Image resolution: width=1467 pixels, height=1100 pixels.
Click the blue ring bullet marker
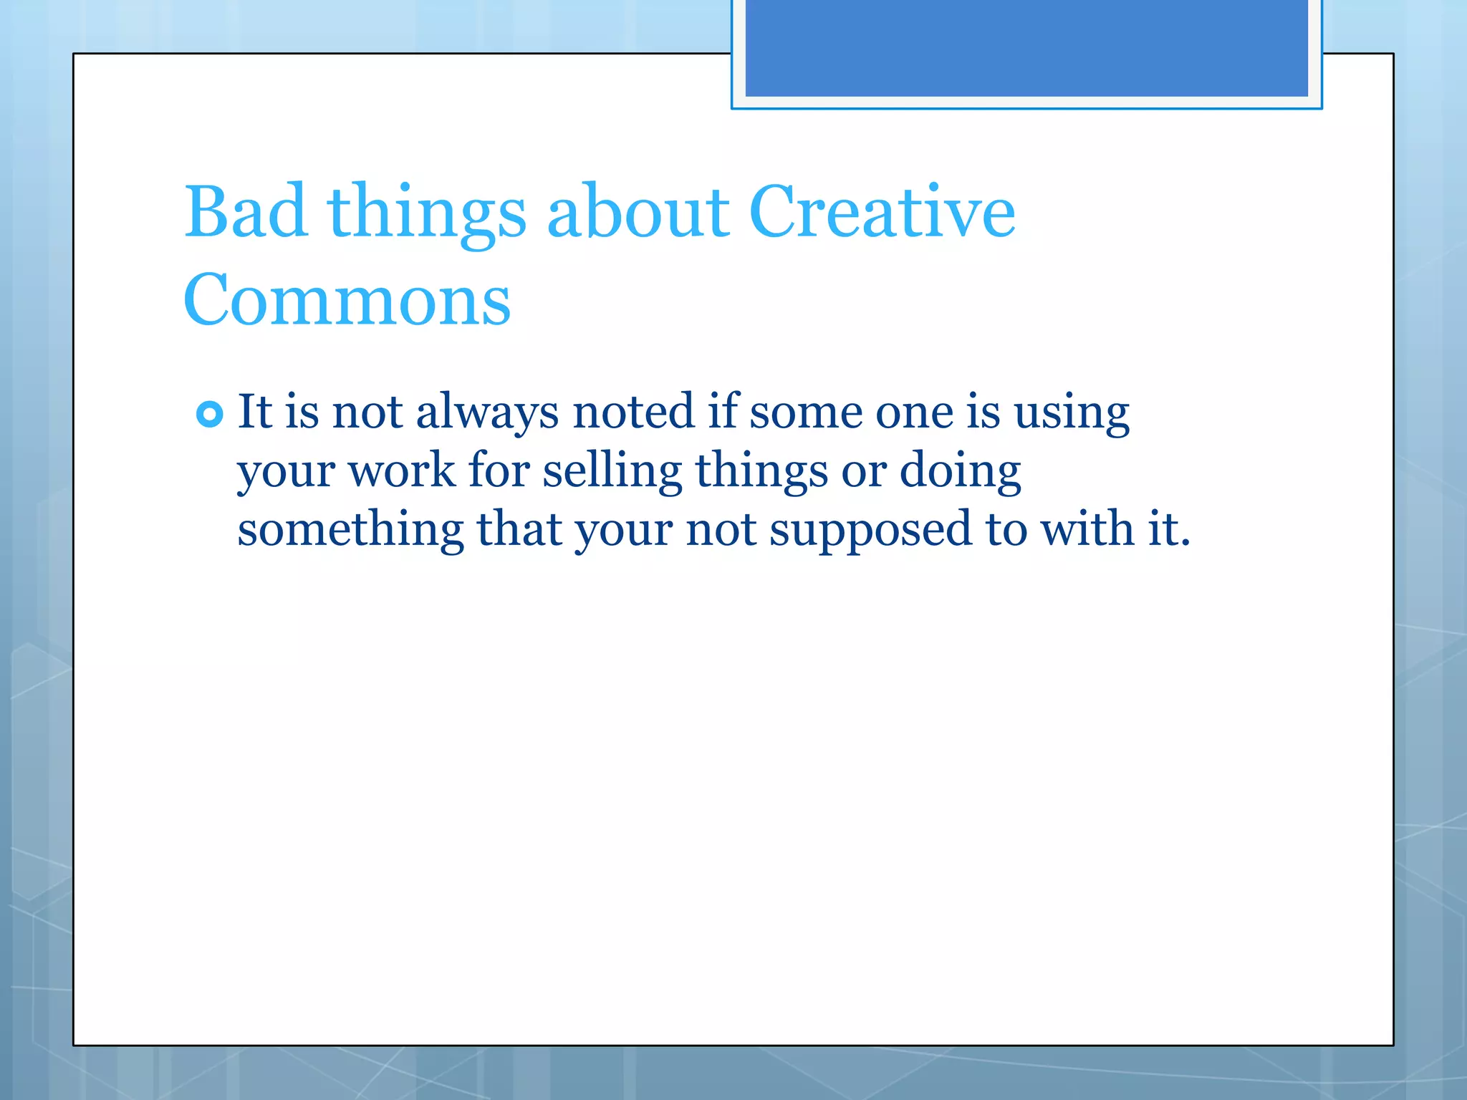209,414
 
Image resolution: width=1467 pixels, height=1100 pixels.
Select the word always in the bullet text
487,412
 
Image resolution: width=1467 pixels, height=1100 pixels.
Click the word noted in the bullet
633,412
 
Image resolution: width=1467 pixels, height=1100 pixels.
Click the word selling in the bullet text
612,473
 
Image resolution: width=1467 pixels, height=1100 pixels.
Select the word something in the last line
350,530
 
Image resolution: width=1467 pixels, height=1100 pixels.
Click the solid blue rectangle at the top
1026,47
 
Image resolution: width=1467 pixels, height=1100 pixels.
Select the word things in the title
427,213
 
